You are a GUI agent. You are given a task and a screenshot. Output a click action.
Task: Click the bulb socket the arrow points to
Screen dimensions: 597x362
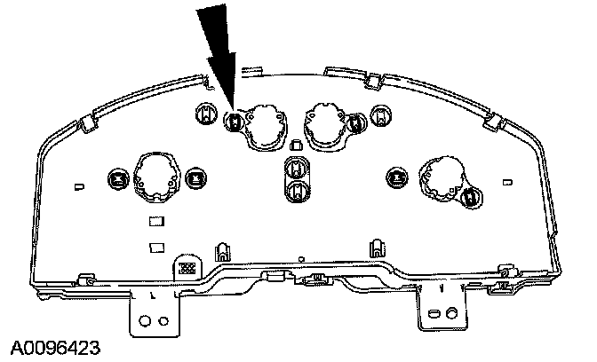pos(235,122)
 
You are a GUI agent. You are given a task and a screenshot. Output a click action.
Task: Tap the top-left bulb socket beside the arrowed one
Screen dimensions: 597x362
pos(206,113)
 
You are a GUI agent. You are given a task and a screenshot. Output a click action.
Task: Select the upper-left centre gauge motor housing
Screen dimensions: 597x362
pos(265,124)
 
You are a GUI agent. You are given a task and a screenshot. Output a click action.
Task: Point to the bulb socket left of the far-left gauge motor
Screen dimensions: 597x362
pos(115,178)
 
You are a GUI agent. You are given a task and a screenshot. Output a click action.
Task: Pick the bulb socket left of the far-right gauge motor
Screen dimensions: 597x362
pos(396,178)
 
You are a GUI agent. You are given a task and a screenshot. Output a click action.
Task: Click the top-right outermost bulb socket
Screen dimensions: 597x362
pos(381,114)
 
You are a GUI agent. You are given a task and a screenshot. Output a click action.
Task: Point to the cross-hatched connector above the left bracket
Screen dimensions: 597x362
pos(187,267)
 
